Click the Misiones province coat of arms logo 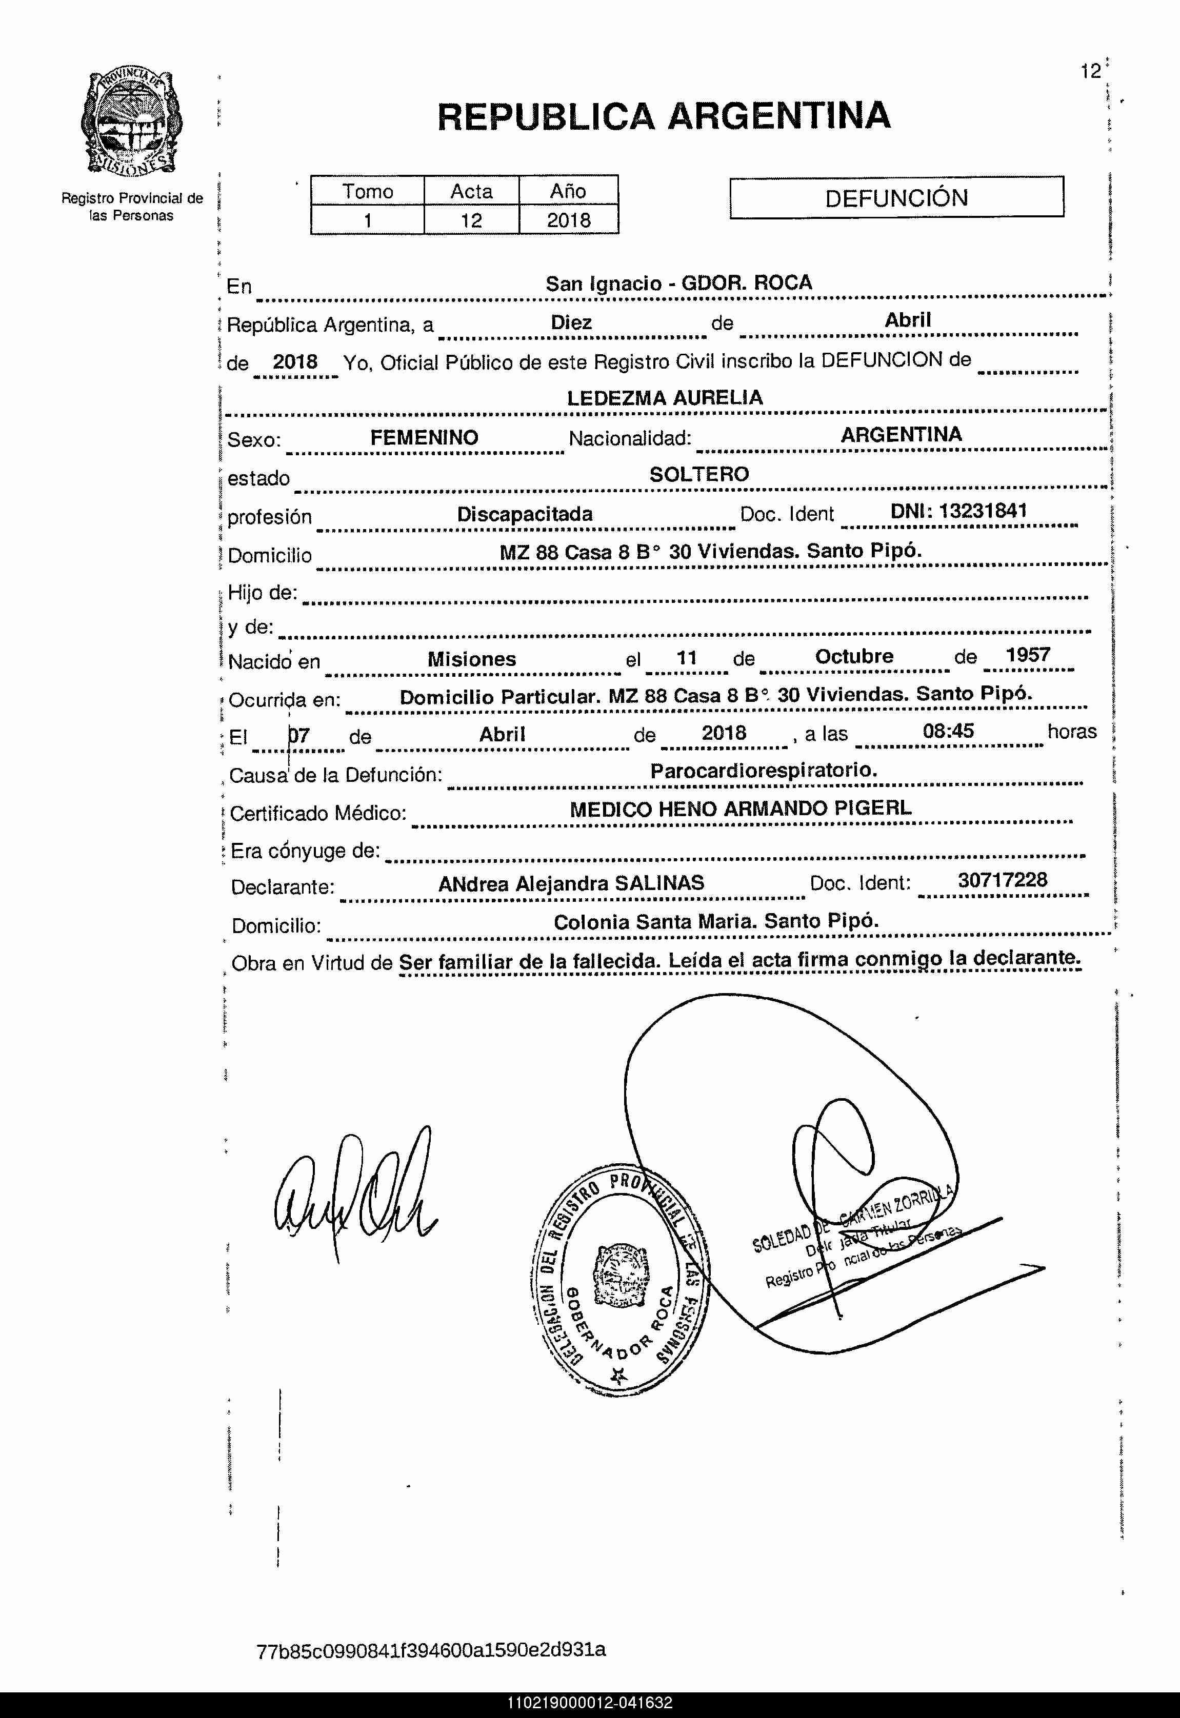[x=132, y=122]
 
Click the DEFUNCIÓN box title [x=896, y=198]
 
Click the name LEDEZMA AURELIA [x=664, y=398]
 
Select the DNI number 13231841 [x=983, y=511]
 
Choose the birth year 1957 [x=1027, y=655]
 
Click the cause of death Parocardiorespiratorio [x=763, y=770]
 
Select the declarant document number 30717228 [x=1002, y=880]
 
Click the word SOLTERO [x=698, y=475]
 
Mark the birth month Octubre [x=854, y=656]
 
